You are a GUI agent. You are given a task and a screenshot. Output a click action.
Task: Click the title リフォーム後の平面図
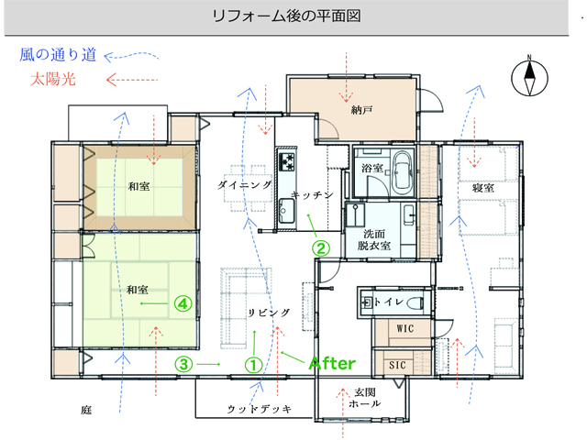[x=286, y=16]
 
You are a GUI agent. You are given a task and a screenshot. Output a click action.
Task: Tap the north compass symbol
[x=529, y=78]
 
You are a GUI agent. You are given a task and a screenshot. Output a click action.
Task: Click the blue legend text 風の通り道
[x=58, y=55]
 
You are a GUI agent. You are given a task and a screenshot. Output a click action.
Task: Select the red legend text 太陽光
[x=53, y=80]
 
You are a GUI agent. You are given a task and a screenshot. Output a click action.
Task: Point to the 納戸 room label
[x=361, y=110]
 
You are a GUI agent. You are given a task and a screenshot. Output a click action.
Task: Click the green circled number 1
[x=253, y=365]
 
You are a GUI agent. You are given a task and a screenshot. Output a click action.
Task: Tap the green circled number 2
[x=321, y=248]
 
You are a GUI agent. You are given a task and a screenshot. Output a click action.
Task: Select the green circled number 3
[x=183, y=364]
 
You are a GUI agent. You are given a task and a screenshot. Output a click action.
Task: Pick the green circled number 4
[x=183, y=303]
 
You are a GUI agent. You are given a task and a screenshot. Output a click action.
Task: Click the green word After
[x=332, y=363]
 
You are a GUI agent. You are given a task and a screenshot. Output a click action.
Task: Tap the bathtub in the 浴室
[x=403, y=171]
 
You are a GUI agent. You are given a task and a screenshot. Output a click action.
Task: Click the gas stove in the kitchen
[x=286, y=162]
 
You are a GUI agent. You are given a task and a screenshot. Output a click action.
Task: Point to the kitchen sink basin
[x=286, y=211]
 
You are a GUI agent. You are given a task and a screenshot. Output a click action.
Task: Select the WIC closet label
[x=405, y=328]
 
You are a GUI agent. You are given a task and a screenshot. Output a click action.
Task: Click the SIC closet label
[x=397, y=365]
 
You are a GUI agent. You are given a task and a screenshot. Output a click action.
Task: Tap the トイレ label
[x=389, y=302]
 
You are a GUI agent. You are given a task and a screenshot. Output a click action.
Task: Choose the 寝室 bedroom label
[x=483, y=187]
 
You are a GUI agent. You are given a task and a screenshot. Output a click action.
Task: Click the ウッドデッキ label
[x=260, y=409]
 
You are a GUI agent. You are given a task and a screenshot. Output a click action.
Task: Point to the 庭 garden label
[x=86, y=410]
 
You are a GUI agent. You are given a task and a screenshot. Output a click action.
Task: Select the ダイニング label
[x=244, y=185]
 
